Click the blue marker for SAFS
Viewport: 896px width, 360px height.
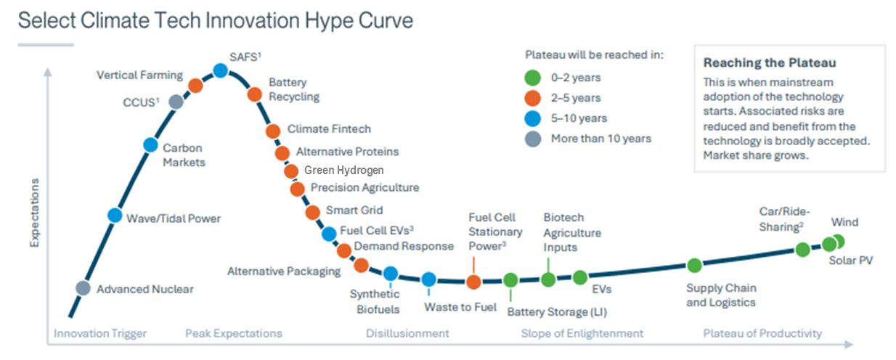(221, 70)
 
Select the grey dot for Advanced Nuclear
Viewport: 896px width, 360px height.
(84, 288)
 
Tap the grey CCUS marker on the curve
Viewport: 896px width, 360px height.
(175, 102)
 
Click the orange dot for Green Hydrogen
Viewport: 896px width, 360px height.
(291, 171)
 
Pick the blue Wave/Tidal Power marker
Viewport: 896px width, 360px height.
(115, 215)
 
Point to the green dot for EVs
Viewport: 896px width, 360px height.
(579, 277)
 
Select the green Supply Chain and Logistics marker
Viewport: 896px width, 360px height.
(694, 265)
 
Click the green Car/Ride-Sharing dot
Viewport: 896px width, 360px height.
(802, 250)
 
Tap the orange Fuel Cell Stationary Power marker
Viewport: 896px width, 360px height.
(473, 282)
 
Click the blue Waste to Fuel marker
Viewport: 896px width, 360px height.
(428, 279)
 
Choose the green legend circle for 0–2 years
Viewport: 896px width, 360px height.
(534, 77)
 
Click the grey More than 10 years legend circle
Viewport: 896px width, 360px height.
(534, 138)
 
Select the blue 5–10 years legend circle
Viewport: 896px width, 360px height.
(534, 118)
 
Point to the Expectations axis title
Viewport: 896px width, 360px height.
(34, 212)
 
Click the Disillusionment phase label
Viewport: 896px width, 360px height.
(407, 334)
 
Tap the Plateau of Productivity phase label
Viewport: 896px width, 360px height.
(762, 334)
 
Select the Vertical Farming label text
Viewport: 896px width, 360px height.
(139, 75)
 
